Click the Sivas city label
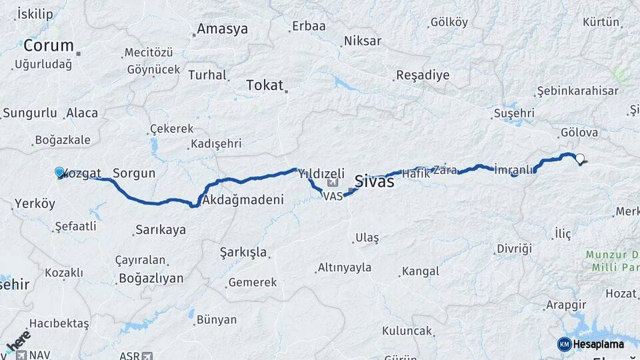click(374, 181)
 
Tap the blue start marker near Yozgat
click(59, 173)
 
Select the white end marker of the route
click(580, 159)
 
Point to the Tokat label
click(265, 85)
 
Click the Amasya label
click(222, 29)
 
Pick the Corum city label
click(49, 46)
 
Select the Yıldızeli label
click(321, 173)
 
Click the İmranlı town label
click(514, 169)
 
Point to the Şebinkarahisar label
click(578, 91)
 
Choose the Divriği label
click(514, 249)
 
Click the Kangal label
click(419, 271)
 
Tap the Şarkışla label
click(243, 253)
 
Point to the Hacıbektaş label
click(59, 323)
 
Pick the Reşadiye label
click(423, 75)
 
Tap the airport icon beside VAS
click(332, 183)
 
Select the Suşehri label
click(513, 114)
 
